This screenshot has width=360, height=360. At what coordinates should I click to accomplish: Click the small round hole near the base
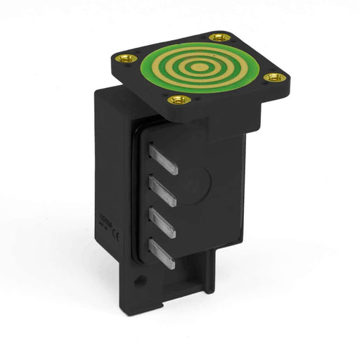coord(141,281)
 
